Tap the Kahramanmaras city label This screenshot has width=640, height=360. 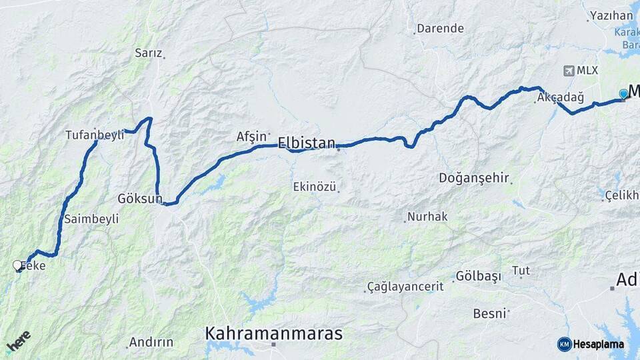[273, 333]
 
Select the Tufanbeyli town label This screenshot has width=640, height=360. [95, 135]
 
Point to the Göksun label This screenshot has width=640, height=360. [139, 199]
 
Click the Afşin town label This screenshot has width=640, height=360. [251, 136]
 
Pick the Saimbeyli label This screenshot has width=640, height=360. [92, 219]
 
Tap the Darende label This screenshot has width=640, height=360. [439, 29]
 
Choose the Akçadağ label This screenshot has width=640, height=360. [560, 98]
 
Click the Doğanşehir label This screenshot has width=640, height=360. [474, 178]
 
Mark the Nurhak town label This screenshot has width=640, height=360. [427, 217]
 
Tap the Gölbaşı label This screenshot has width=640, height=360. [478, 277]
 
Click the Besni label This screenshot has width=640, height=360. [489, 313]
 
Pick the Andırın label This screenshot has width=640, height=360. [151, 342]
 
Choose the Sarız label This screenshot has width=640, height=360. [148, 53]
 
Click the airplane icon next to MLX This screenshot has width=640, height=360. [569, 70]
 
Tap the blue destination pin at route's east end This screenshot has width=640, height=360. [623, 94]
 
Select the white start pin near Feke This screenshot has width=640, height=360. [17, 265]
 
